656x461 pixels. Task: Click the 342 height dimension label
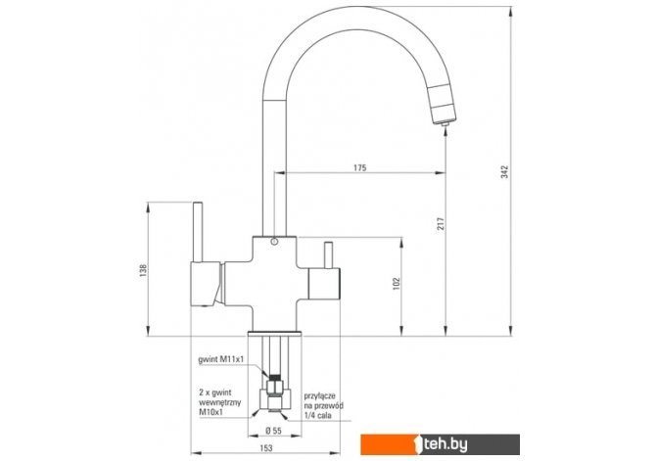[x=505, y=172]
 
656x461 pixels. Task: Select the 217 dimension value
[x=441, y=224]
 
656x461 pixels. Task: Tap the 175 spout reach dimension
[x=359, y=167]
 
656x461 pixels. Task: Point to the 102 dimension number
[x=397, y=284]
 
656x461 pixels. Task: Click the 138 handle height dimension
[x=144, y=271]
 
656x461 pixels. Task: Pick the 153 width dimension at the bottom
[x=266, y=448]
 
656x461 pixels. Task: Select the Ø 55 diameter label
[x=273, y=430]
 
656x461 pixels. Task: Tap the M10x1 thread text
[x=211, y=412]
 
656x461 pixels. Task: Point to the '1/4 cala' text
[x=318, y=415]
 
